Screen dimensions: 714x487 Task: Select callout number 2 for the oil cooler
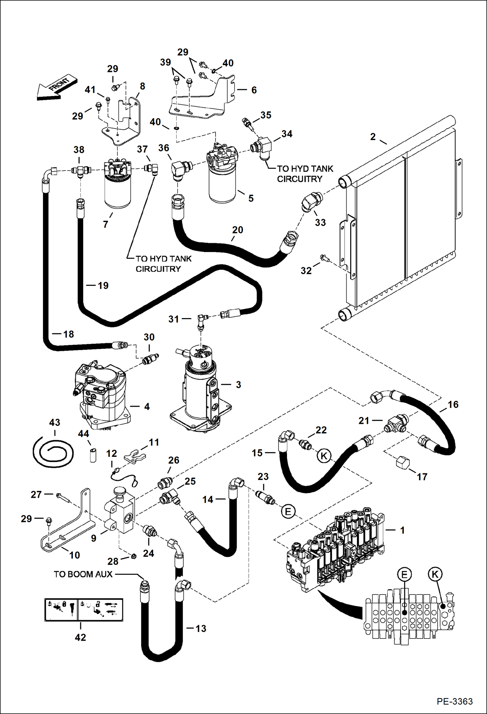point(373,137)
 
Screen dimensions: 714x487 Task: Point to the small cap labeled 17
point(402,462)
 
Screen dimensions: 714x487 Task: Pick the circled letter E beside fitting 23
point(288,511)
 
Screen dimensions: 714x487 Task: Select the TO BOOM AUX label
point(83,574)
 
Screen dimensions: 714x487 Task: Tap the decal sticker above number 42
point(84,609)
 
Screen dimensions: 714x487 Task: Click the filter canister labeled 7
point(118,192)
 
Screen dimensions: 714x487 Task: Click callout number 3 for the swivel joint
point(238,385)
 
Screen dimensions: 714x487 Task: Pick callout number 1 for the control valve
point(402,530)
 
